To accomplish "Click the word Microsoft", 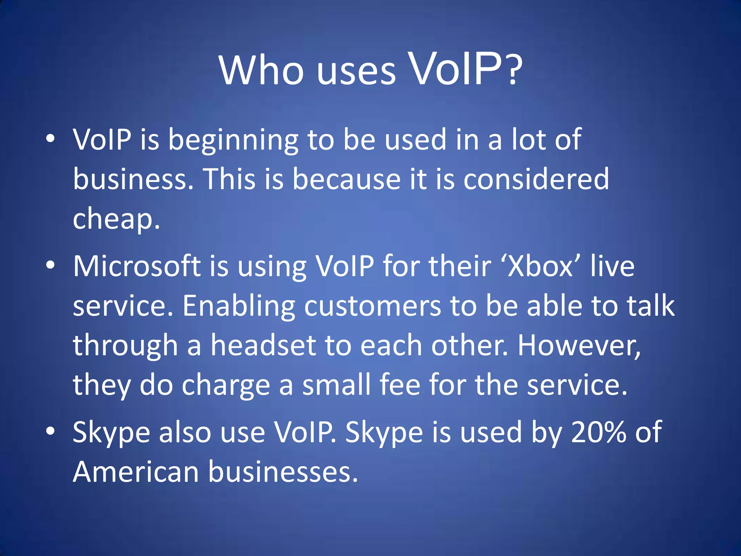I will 137,266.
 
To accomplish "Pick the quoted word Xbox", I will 541,266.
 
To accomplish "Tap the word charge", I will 226,386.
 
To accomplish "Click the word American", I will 136,472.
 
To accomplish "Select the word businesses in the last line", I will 282,472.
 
